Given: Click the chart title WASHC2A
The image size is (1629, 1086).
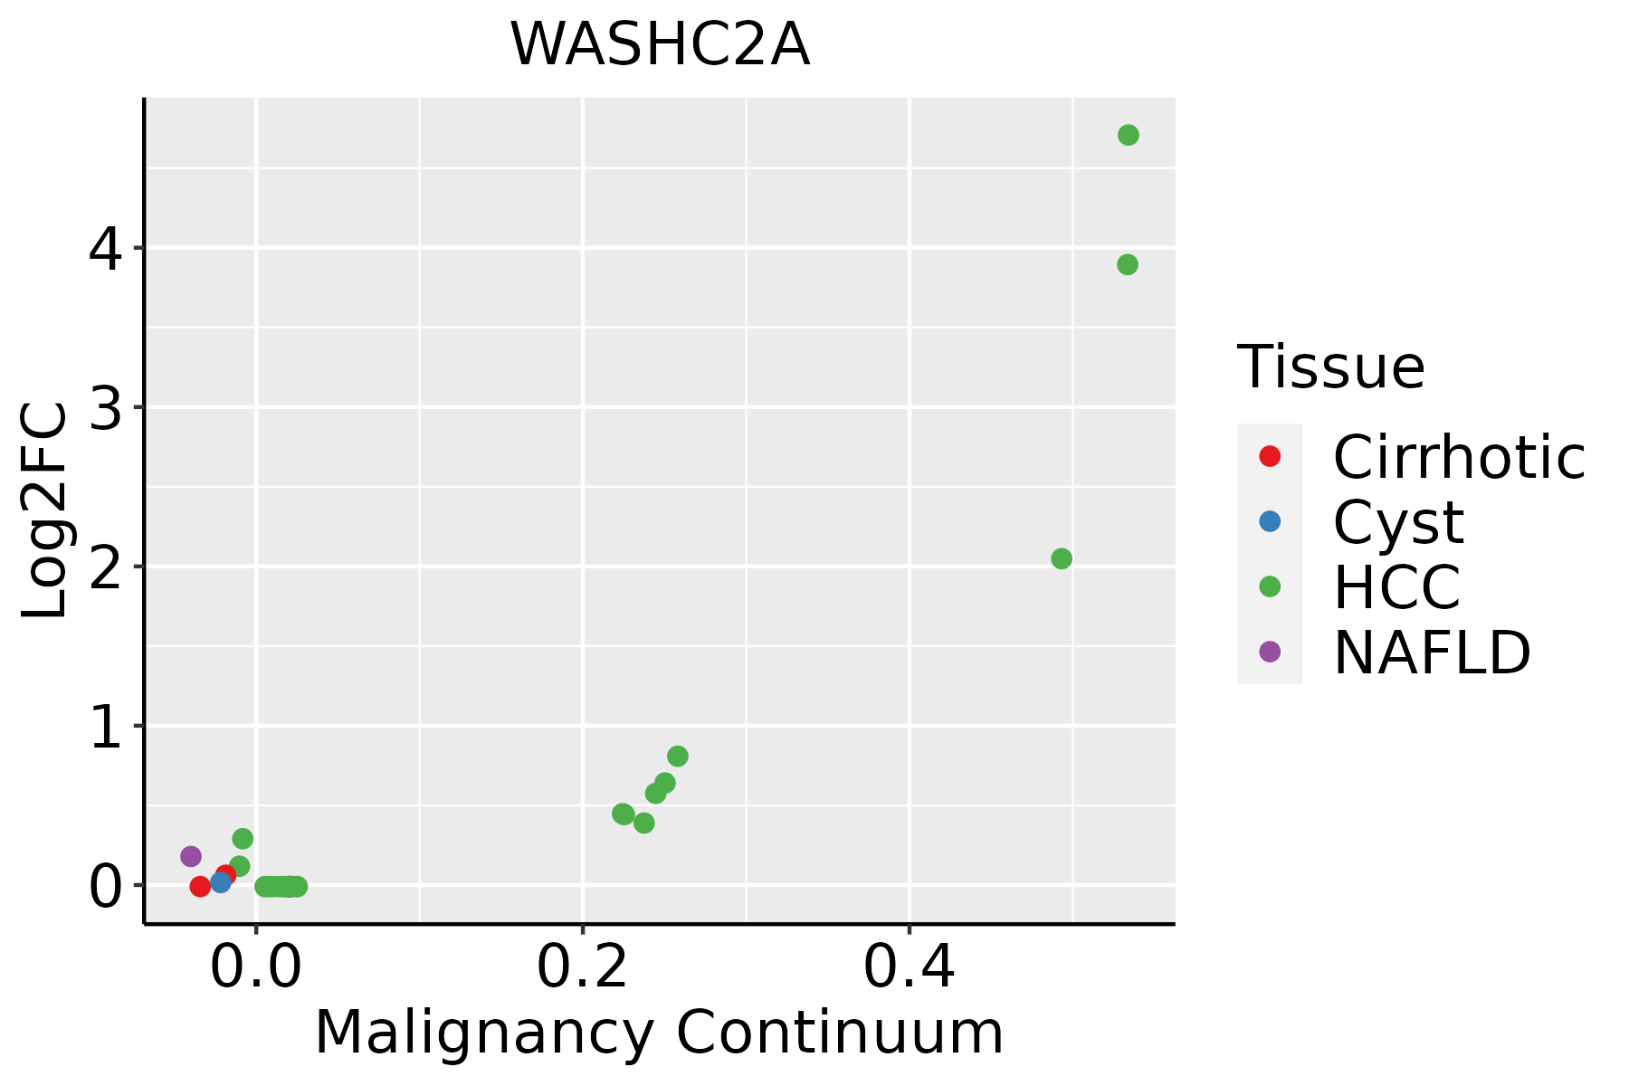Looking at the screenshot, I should tap(660, 45).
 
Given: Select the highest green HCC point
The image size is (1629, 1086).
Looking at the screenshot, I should tap(1128, 136).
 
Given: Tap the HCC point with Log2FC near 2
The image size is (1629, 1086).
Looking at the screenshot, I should tap(1062, 559).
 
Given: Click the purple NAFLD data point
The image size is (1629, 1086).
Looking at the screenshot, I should tap(191, 856).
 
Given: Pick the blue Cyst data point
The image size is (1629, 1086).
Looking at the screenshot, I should tap(220, 882).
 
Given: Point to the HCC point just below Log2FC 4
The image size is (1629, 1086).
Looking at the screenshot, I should tap(1127, 265).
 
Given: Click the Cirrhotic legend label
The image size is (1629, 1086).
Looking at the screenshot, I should tap(1459, 457).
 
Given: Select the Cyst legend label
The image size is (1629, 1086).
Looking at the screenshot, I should tap(1398, 522).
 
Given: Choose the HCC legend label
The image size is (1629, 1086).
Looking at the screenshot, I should tap(1396, 587).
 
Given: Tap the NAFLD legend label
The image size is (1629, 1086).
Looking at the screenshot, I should tap(1432, 653).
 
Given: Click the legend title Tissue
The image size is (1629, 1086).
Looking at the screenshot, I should tap(1330, 367).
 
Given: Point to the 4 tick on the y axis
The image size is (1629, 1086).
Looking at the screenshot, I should tap(105, 249).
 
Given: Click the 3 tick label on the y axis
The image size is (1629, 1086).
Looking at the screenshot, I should tap(105, 408).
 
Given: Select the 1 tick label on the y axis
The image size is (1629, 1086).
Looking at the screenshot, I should tap(105, 727).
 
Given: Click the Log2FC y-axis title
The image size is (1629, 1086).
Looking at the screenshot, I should tap(45, 510).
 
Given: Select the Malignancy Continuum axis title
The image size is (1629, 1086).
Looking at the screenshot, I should tap(659, 1034).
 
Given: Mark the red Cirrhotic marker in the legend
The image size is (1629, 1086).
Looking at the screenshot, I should tap(1270, 456).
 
